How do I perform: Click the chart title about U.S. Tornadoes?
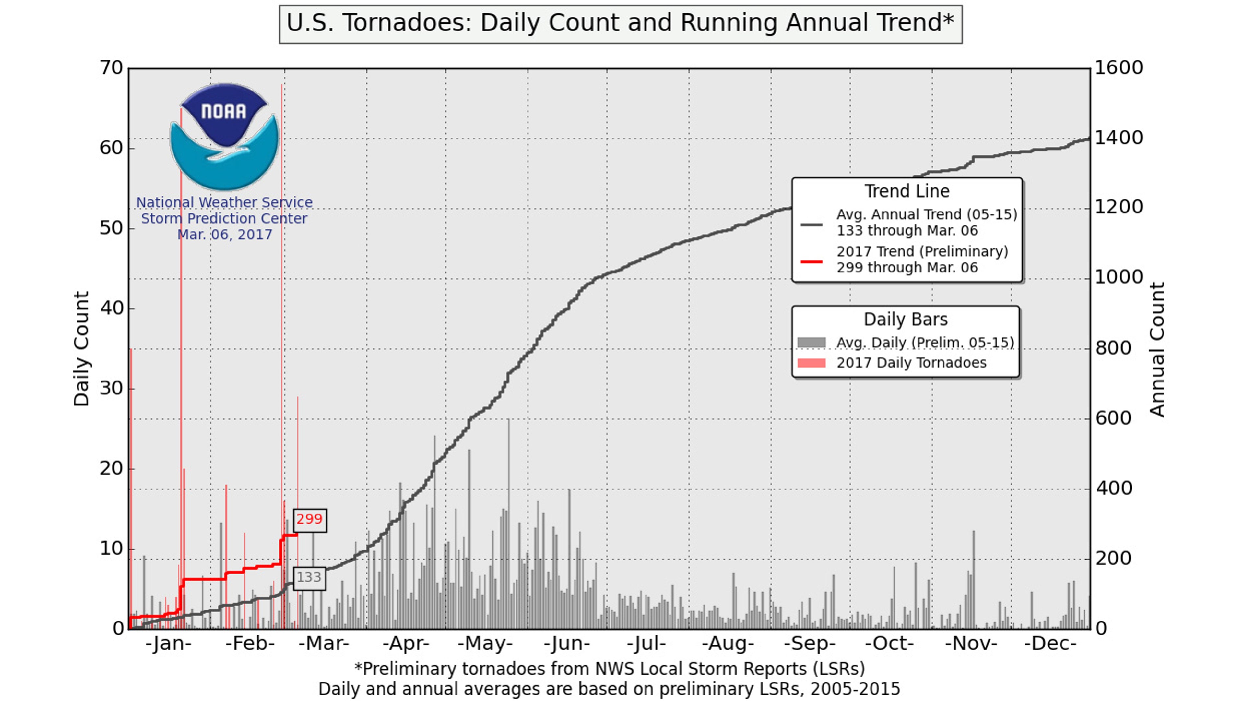pyautogui.click(x=621, y=24)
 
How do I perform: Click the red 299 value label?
pyautogui.click(x=310, y=520)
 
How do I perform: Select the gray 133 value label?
pyautogui.click(x=309, y=577)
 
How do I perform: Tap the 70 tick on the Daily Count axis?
pyautogui.click(x=112, y=68)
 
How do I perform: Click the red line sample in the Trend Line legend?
pyautogui.click(x=812, y=261)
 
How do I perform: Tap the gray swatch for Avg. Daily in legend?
pyautogui.click(x=812, y=342)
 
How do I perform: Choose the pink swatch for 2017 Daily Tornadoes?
pyautogui.click(x=812, y=363)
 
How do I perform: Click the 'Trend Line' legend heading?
pyautogui.click(x=907, y=191)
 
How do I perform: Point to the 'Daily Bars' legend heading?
pyautogui.click(x=906, y=320)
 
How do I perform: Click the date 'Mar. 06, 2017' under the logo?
pyautogui.click(x=225, y=235)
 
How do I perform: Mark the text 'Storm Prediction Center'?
pyautogui.click(x=224, y=219)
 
